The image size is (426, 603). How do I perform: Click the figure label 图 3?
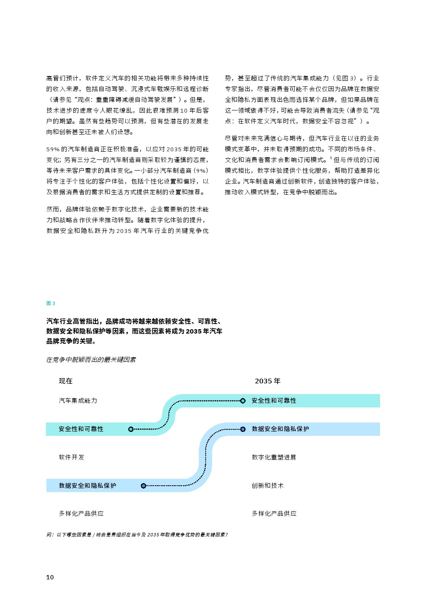tap(51, 303)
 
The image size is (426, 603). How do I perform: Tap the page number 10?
tap(50, 577)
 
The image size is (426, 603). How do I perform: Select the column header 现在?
tap(66, 381)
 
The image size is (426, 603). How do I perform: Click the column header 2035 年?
tap(268, 381)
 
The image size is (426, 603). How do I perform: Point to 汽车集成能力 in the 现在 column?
tap(78, 401)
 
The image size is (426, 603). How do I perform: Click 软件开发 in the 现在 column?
tap(71, 457)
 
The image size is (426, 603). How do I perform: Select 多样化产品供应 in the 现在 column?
tap(81, 514)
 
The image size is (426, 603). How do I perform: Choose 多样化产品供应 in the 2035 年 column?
tap(274, 514)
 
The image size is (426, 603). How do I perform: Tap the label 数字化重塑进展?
tap(274, 457)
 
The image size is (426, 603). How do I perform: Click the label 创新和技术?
tap(268, 486)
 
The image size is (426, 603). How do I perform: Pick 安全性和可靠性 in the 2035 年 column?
tap(274, 401)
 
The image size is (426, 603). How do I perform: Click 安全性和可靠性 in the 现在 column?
tap(81, 429)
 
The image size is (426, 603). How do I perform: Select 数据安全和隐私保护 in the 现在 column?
tap(87, 486)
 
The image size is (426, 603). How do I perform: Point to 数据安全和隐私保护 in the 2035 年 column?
tap(280, 429)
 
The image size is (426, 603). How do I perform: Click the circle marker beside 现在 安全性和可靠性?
tap(131, 429)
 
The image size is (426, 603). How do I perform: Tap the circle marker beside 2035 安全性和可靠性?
tap(243, 401)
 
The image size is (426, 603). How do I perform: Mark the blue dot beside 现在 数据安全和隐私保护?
tap(143, 486)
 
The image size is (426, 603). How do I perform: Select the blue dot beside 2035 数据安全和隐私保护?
tap(243, 429)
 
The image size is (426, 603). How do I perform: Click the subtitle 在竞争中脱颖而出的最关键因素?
tap(91, 360)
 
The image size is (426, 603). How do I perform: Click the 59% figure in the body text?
tap(53, 149)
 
